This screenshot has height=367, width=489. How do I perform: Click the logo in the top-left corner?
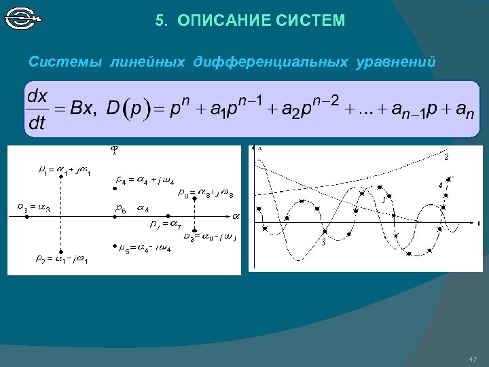22,18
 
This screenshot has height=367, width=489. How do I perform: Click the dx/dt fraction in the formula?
38,109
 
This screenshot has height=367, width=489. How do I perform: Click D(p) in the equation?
127,109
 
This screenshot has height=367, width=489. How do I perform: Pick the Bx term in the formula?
84,109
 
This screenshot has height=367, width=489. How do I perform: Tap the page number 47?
473,359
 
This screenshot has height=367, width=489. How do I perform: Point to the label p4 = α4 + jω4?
145,181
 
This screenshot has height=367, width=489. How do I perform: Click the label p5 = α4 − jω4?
145,249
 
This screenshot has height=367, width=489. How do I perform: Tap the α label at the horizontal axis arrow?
236,216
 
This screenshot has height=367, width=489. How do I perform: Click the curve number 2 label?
446,157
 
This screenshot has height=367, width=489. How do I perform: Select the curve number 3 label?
323,243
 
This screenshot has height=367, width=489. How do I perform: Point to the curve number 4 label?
440,185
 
